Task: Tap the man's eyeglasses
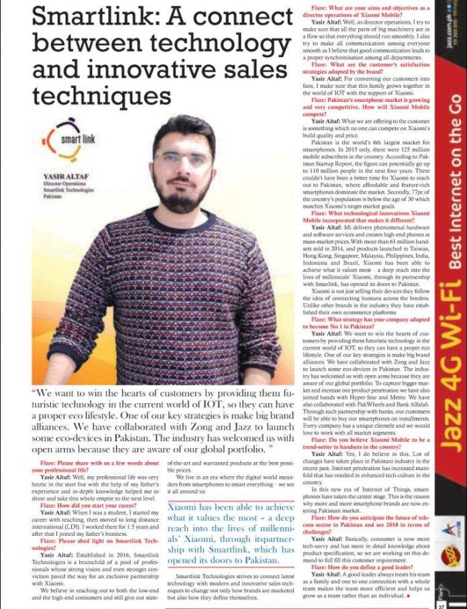(183, 159)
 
